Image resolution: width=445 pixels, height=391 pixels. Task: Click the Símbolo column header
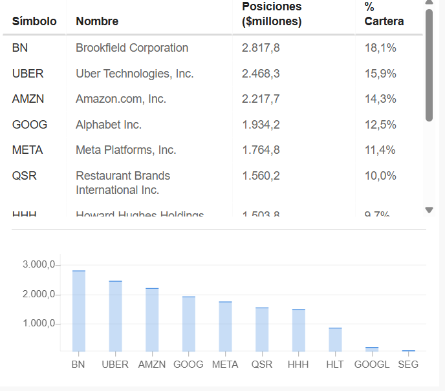[34, 21]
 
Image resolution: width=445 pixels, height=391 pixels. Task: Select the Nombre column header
[97, 21]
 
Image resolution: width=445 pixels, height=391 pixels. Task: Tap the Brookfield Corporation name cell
[132, 48]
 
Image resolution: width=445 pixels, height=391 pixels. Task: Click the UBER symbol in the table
[28, 74]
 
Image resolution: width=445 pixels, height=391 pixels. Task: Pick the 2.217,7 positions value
[261, 99]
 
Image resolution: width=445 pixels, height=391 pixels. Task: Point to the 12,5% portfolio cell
[380, 125]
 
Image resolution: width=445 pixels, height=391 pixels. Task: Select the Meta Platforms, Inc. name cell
[125, 150]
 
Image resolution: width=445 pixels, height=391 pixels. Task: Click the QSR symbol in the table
[24, 176]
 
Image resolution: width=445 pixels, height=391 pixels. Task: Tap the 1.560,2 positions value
[261, 176]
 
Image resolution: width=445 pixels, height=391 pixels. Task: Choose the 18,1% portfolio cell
[380, 48]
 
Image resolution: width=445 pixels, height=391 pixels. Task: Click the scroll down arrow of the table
[429, 210]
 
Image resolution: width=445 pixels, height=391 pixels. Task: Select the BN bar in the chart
[78, 311]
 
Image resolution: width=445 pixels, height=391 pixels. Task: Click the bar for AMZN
[152, 320]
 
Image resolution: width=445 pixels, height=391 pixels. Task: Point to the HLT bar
[335, 340]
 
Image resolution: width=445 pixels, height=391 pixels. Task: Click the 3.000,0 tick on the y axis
[40, 265]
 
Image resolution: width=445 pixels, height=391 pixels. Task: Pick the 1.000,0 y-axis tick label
[40, 324]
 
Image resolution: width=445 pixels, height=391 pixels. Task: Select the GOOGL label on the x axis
[372, 365]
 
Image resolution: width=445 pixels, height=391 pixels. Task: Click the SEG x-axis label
[408, 365]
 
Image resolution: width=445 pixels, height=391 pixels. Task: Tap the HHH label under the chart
[298, 365]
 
